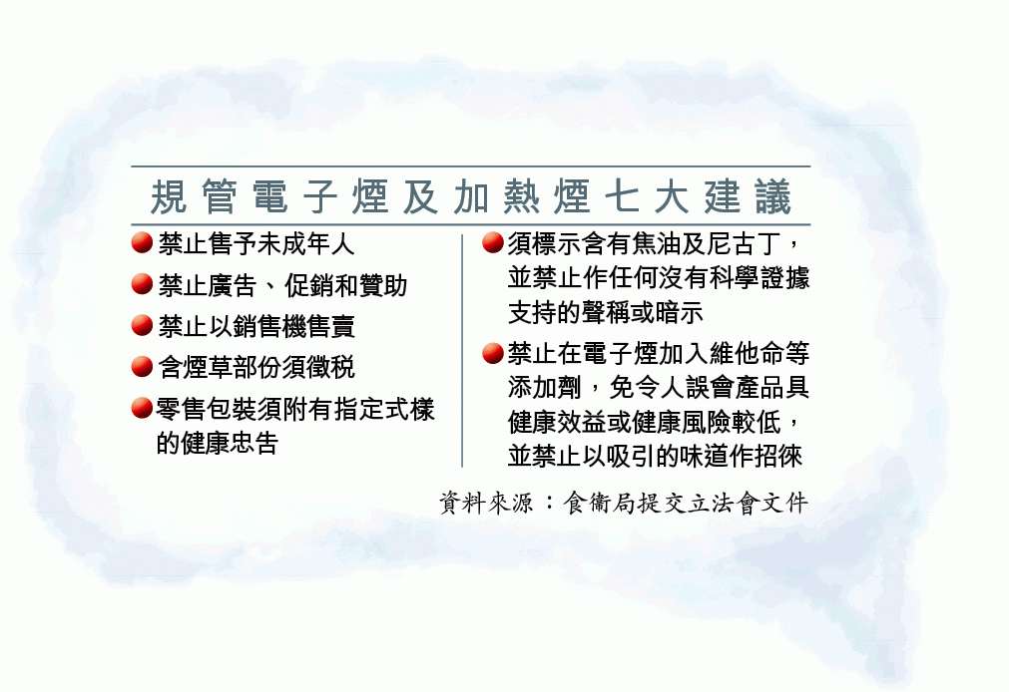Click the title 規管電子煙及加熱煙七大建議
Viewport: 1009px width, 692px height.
pos(470,196)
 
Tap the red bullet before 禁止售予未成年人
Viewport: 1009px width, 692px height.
pos(142,243)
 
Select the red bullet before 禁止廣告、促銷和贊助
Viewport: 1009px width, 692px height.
pos(142,284)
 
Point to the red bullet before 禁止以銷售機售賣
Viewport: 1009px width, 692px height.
pos(142,325)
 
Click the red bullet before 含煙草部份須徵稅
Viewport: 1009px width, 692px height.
pos(142,367)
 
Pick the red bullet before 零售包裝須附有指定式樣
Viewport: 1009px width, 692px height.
pos(142,408)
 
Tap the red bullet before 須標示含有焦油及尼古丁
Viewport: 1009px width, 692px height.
pos(492,243)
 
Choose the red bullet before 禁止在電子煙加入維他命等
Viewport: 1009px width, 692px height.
pos(492,353)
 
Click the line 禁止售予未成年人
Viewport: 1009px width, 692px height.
pos(256,243)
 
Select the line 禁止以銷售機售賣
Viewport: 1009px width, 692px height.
pos(256,326)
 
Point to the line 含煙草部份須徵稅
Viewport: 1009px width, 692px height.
pos(256,367)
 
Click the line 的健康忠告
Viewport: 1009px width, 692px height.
pos(217,443)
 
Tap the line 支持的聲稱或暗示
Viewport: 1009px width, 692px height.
pos(606,312)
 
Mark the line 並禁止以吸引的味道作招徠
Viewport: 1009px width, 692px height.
pos(655,456)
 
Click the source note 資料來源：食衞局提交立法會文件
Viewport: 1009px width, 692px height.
pos(623,503)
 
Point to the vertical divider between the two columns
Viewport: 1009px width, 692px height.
pos(462,351)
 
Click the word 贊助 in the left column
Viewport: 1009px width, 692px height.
pos(383,285)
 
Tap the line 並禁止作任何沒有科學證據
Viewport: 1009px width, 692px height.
pos(659,278)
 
